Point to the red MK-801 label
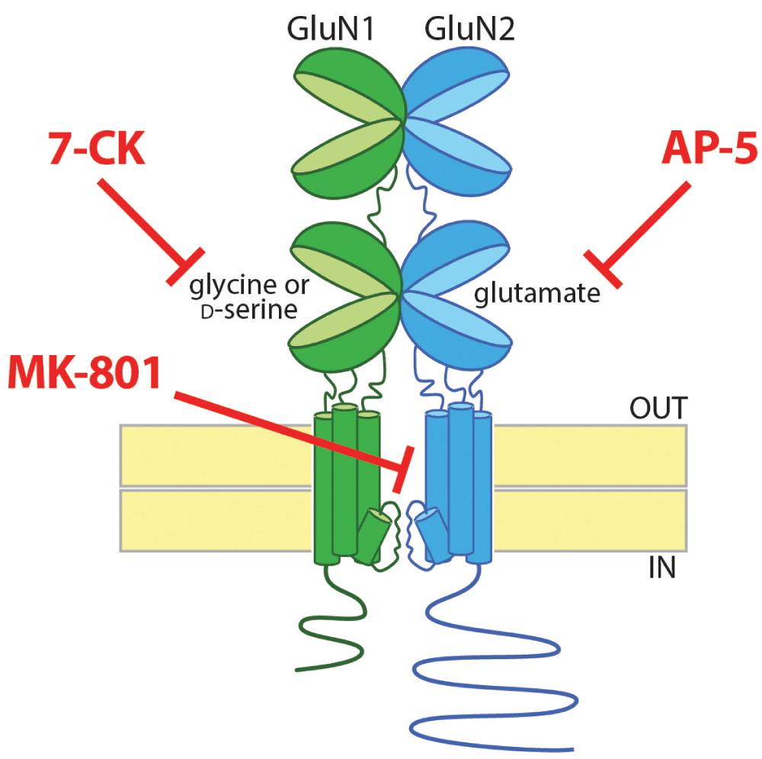click(85, 371)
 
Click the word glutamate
click(537, 293)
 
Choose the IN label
click(661, 568)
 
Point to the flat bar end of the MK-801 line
click(403, 469)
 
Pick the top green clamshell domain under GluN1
click(347, 122)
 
